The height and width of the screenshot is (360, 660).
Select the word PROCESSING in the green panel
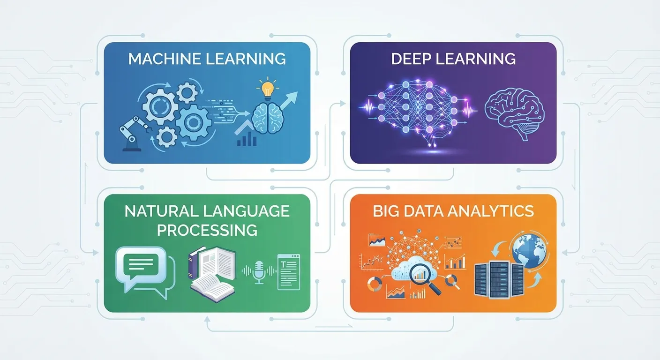click(207, 230)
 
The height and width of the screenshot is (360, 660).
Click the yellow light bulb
click(268, 88)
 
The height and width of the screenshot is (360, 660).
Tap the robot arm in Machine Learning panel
click(134, 133)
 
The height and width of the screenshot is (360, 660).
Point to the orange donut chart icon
click(375, 284)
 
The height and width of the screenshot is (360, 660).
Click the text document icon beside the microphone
click(289, 272)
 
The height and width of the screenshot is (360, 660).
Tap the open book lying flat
click(212, 287)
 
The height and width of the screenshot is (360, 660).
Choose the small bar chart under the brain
click(247, 139)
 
